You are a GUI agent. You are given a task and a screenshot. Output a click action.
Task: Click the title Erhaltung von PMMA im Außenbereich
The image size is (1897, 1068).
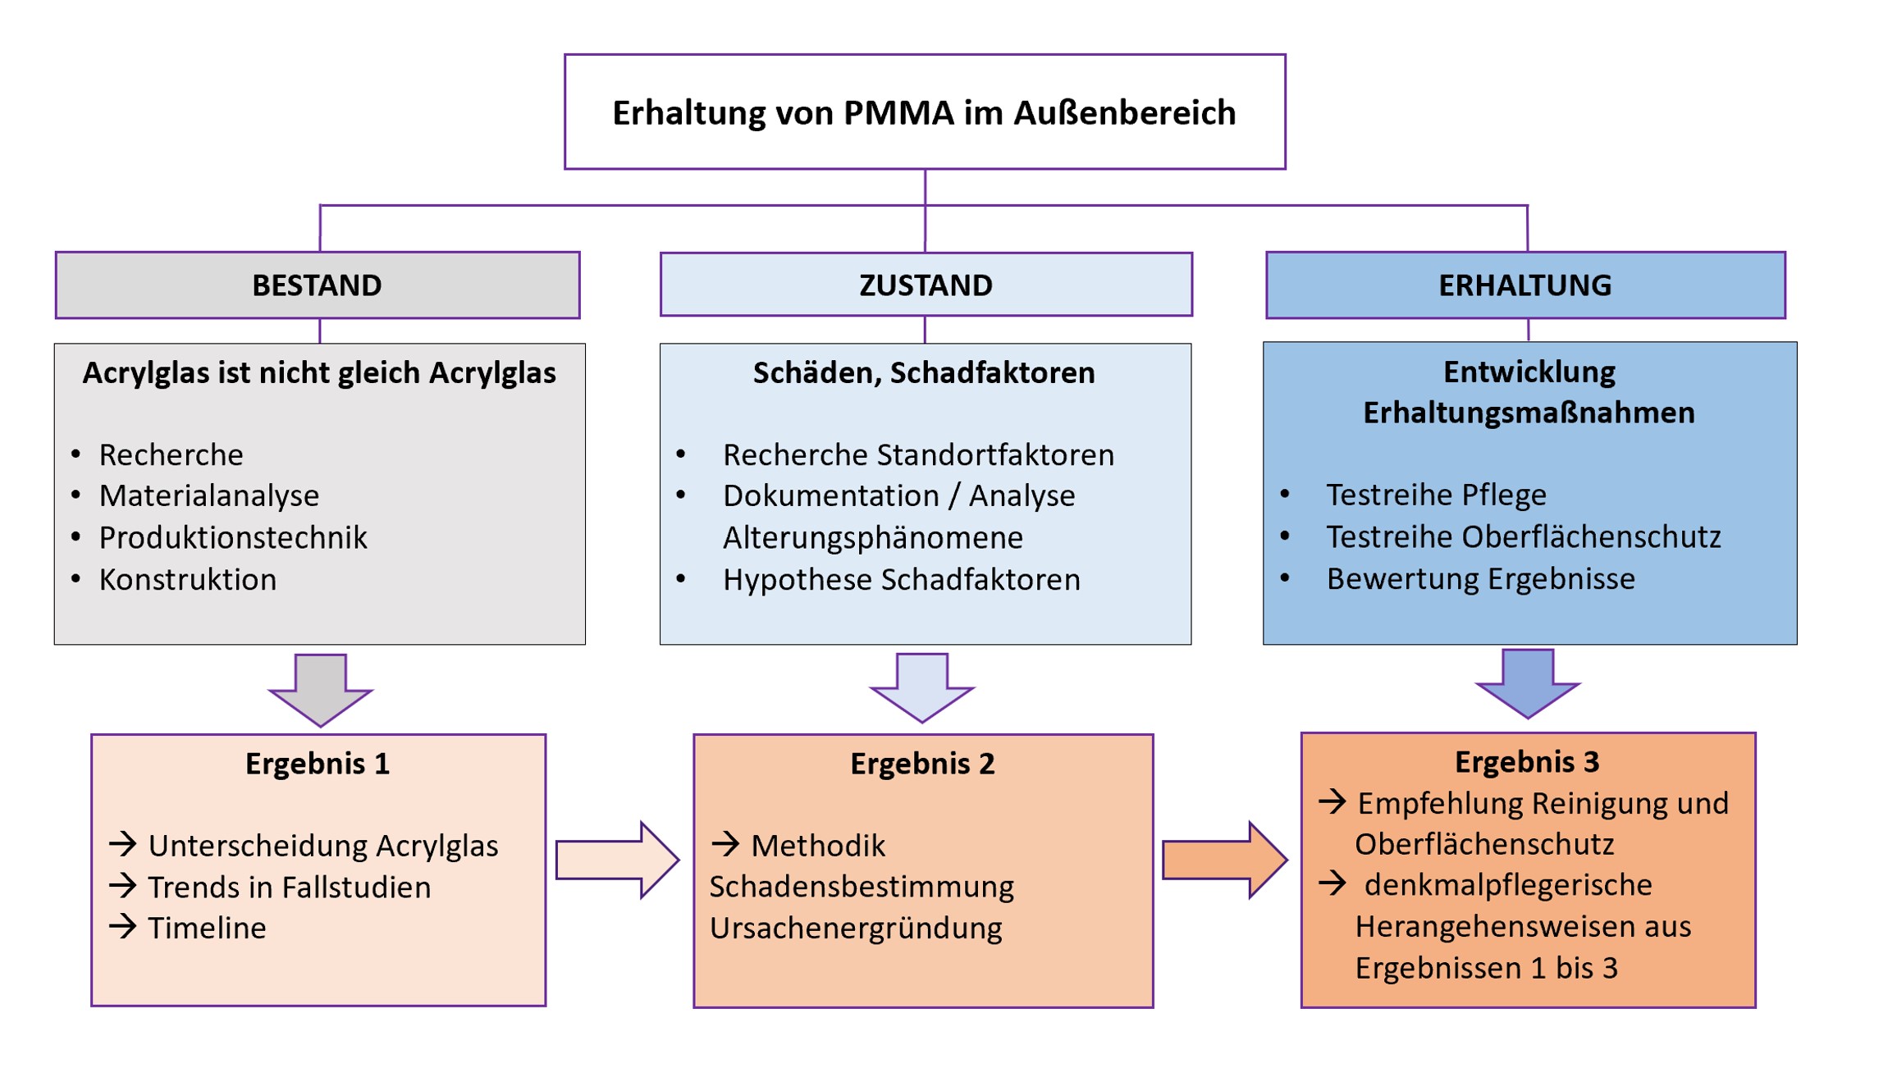[x=924, y=113]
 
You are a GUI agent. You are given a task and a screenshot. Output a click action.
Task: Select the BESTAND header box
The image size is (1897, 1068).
[x=317, y=285]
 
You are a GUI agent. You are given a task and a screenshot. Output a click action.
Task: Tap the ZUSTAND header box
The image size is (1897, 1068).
[x=926, y=285]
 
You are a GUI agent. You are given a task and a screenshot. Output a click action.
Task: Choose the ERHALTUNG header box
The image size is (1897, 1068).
[x=1524, y=285]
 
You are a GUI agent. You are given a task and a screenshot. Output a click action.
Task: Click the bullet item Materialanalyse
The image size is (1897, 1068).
[x=209, y=496]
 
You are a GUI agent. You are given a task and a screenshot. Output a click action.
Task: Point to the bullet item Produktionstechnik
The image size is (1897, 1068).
[x=233, y=538]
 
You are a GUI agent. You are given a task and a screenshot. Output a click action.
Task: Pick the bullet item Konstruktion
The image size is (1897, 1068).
[x=188, y=580]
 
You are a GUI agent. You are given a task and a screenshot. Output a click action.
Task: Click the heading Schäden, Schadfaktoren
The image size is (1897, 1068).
[x=924, y=373]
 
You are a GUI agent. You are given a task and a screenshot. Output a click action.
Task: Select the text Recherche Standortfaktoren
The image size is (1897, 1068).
[x=918, y=455]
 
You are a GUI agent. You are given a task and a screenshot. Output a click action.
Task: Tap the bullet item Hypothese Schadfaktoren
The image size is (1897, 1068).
[x=901, y=580]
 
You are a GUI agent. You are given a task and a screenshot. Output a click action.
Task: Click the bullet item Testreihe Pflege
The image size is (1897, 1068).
[x=1436, y=495]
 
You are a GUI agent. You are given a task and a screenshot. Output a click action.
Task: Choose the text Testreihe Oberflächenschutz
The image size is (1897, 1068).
[x=1524, y=537]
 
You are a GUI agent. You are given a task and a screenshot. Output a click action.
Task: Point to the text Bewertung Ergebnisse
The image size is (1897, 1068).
[x=1480, y=579]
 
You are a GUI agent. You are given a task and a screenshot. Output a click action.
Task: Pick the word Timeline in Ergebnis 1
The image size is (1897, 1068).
[x=207, y=929]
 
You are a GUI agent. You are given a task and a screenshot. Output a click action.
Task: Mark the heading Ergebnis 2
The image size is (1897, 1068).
[x=922, y=764]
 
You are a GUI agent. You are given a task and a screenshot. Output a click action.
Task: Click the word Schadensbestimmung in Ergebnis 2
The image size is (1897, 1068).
[x=862, y=888]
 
